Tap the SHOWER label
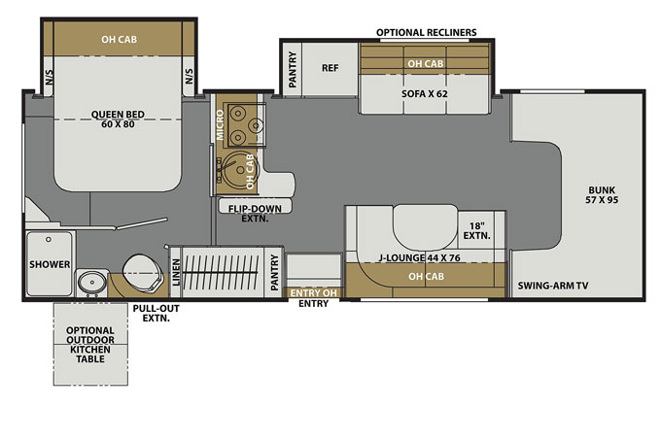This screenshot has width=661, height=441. pyautogui.click(x=46, y=263)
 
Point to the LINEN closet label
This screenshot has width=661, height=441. pyautogui.click(x=176, y=274)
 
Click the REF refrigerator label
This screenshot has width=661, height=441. pyautogui.click(x=329, y=68)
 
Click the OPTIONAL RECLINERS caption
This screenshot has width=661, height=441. pyautogui.click(x=426, y=32)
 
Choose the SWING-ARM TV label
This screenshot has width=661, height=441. pyautogui.click(x=555, y=288)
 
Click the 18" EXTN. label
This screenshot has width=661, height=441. pyautogui.click(x=476, y=229)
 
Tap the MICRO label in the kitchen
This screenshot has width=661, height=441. pyautogui.click(x=221, y=122)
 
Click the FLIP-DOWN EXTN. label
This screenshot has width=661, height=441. pyautogui.click(x=242, y=213)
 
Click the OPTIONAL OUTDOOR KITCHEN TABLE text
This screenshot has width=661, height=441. pyautogui.click(x=90, y=346)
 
